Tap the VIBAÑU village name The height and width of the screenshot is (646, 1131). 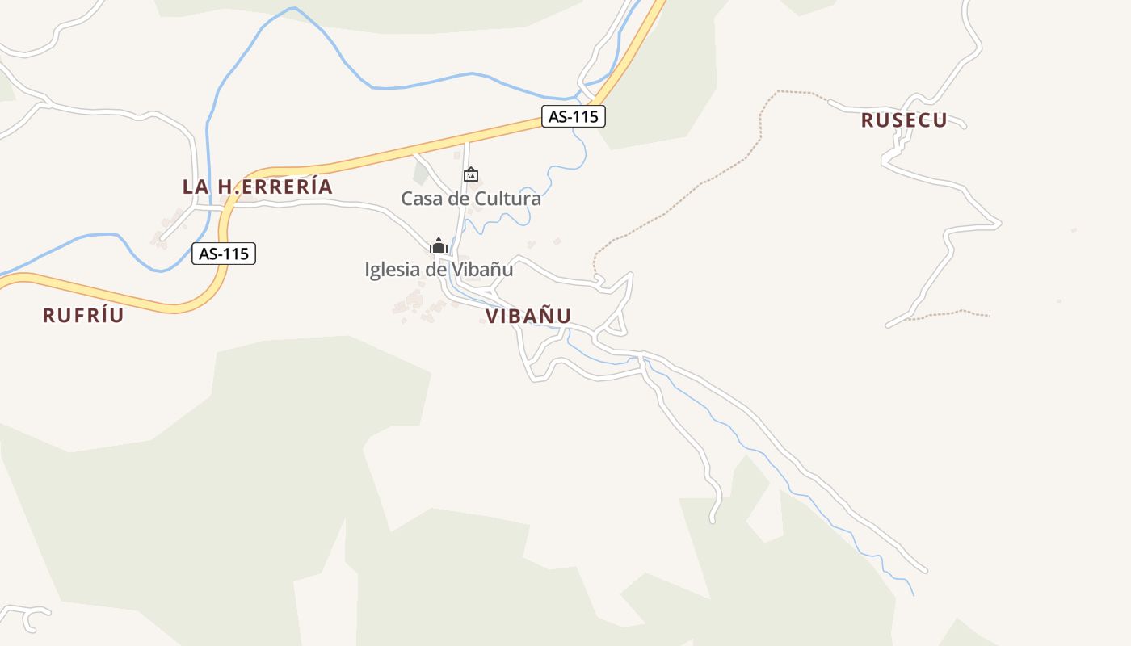pyautogui.click(x=528, y=316)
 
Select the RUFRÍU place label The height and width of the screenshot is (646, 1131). pyautogui.click(x=83, y=315)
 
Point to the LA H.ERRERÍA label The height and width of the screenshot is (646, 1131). pyautogui.click(x=257, y=187)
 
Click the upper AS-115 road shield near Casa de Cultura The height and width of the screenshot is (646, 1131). pyautogui.click(x=573, y=116)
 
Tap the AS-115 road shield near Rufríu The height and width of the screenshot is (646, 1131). pyautogui.click(x=224, y=254)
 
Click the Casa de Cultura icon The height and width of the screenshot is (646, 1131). pyautogui.click(x=470, y=174)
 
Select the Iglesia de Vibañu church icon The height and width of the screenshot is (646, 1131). pyautogui.click(x=438, y=245)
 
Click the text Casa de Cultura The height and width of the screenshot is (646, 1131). pyautogui.click(x=471, y=198)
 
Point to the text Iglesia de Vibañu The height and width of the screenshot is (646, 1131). pyautogui.click(x=439, y=269)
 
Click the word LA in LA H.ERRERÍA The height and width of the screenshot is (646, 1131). pyautogui.click(x=196, y=187)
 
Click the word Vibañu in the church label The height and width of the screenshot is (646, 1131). pyautogui.click(x=482, y=269)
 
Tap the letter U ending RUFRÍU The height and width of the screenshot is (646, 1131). pyautogui.click(x=118, y=315)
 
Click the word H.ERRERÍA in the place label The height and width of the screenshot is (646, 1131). pyautogui.click(x=275, y=187)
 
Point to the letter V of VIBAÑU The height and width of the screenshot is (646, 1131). pyautogui.click(x=492, y=316)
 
